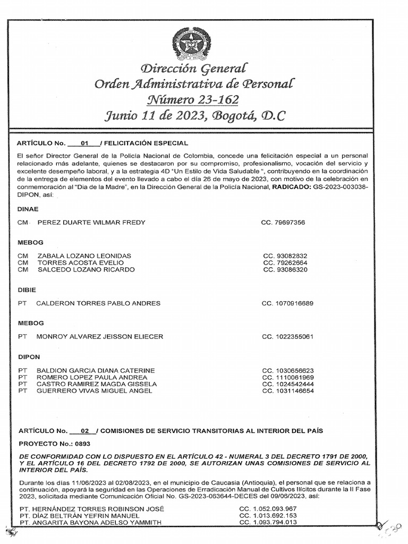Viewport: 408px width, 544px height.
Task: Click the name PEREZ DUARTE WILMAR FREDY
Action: point(90,222)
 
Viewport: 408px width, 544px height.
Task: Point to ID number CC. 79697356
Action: point(283,222)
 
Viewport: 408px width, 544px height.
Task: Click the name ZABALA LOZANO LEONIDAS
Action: point(84,256)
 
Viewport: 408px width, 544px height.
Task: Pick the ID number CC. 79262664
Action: point(284,262)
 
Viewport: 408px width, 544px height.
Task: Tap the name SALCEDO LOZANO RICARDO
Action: point(86,269)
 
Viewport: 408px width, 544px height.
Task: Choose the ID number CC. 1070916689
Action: point(287,303)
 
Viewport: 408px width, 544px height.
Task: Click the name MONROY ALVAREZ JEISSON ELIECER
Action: point(99,336)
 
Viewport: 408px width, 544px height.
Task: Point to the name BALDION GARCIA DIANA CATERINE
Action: point(95,370)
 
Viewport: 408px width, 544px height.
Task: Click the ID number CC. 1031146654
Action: point(288,391)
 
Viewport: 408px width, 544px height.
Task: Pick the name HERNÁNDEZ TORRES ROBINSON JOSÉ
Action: point(91,508)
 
